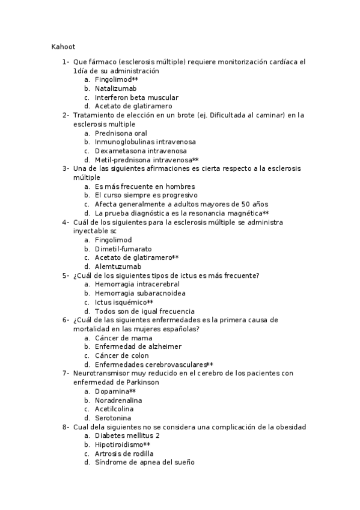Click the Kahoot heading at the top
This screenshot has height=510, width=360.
tap(63, 46)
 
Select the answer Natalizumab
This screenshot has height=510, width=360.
tap(115, 88)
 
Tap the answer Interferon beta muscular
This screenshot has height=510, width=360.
tap(136, 97)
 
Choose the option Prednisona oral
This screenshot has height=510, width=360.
tap(121, 133)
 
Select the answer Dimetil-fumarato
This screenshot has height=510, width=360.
tap(123, 248)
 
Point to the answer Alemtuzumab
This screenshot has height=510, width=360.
tap(118, 266)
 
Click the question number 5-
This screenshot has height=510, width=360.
tap(66, 275)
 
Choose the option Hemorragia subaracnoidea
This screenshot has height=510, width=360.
tap(140, 293)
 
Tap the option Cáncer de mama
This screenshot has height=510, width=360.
tap(123, 338)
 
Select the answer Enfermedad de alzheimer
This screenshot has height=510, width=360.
tap(138, 346)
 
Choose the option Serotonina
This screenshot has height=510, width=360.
tap(113, 418)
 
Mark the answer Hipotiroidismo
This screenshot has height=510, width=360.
tap(118, 444)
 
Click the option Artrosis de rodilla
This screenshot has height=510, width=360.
tap(124, 453)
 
